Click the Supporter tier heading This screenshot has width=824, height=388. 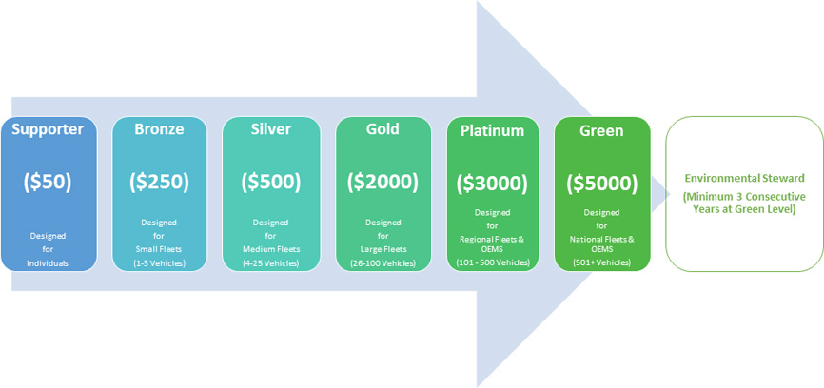(48, 129)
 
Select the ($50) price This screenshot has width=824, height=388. (48, 181)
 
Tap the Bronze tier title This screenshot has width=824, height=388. (159, 129)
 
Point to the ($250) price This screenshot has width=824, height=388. (159, 181)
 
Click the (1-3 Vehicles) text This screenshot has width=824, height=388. (159, 263)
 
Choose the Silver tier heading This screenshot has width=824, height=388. (271, 129)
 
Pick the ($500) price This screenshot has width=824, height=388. (271, 181)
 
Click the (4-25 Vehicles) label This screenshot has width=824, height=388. (271, 263)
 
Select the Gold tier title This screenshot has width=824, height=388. (383, 128)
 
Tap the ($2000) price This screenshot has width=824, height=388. (383, 181)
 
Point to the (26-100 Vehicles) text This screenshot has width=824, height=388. (383, 263)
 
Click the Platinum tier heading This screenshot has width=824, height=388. (493, 130)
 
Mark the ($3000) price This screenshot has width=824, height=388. (493, 183)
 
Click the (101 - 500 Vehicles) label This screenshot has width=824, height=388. (493, 262)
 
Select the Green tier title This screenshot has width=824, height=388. (601, 130)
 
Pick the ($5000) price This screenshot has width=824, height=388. (601, 183)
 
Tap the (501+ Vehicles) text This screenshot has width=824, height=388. (601, 262)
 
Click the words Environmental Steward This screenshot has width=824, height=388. (744, 179)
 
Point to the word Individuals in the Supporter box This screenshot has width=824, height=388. (48, 263)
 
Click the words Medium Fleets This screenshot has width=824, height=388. (271, 248)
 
